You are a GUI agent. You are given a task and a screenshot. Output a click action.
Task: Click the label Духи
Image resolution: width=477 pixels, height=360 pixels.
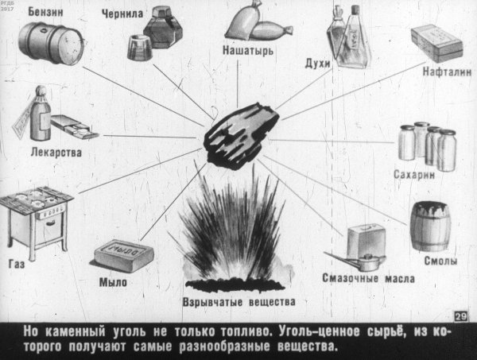click(x=315, y=62)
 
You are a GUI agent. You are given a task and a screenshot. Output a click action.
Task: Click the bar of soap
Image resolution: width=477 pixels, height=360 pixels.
click(x=122, y=257)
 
